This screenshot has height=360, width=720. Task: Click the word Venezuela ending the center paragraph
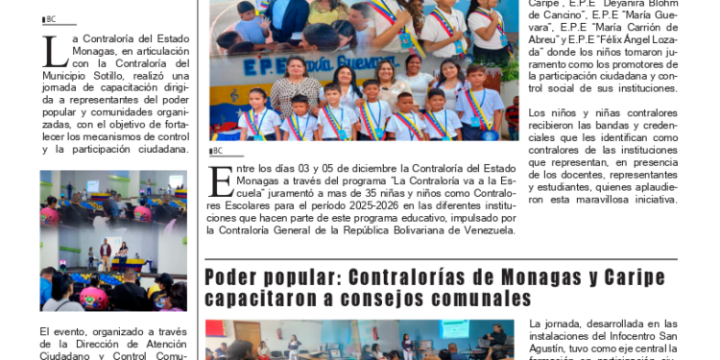tap(490, 229)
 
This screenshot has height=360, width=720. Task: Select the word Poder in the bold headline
tap(229, 277)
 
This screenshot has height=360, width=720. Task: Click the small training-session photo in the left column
tap(113, 241)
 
